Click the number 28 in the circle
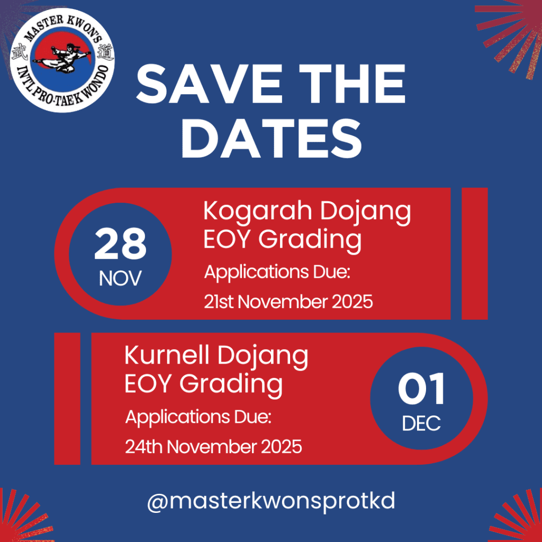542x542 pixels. click(x=120, y=245)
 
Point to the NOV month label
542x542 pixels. click(x=120, y=278)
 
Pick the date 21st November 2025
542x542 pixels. click(x=288, y=302)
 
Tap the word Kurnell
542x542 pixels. click(x=166, y=356)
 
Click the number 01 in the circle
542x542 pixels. click(x=422, y=390)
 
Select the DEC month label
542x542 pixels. click(x=421, y=423)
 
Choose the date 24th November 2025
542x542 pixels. click(x=213, y=447)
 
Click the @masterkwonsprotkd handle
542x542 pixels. click(x=270, y=500)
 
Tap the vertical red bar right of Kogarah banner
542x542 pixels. click(x=474, y=254)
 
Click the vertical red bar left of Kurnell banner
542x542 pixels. click(x=67, y=398)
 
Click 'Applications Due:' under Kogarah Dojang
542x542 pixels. click(x=278, y=273)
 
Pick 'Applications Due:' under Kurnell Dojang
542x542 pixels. click(x=198, y=418)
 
